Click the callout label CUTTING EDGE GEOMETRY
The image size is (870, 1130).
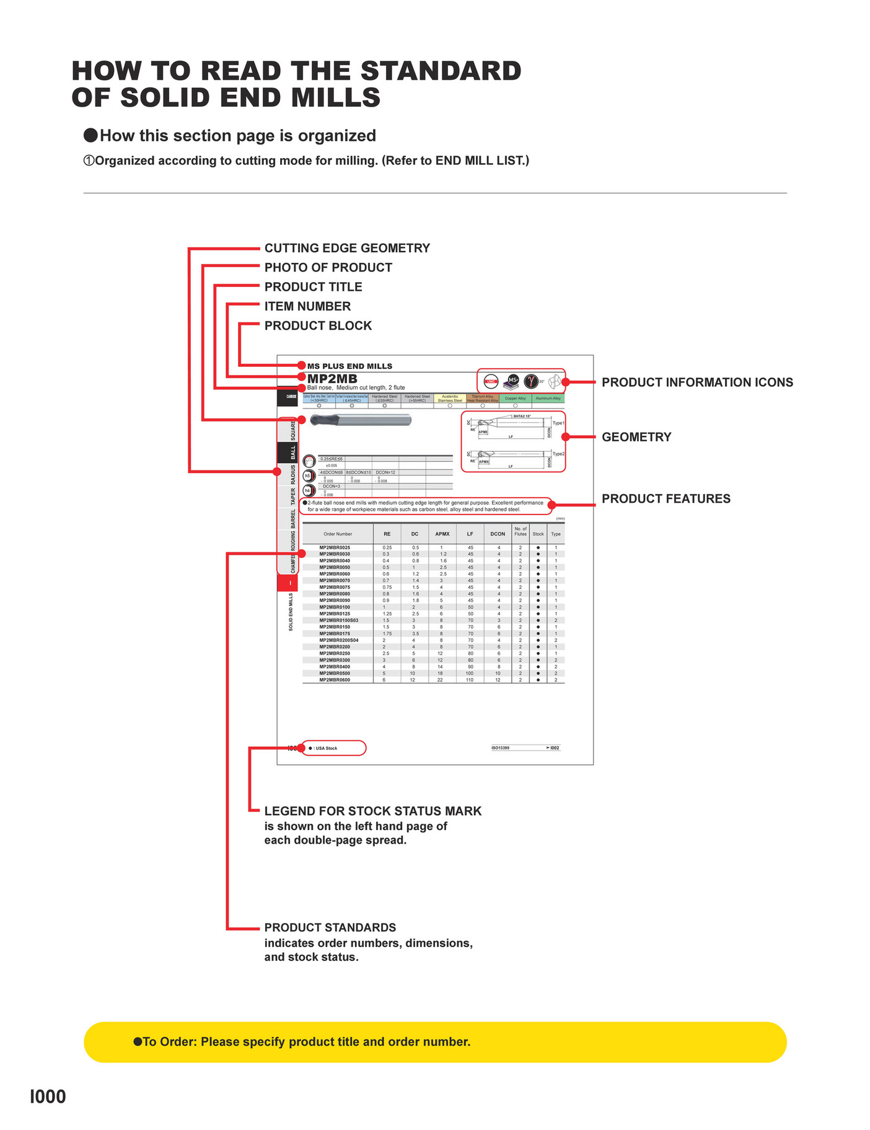tap(347, 248)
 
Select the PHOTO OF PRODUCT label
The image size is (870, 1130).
tap(328, 267)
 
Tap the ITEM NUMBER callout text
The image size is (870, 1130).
tap(307, 306)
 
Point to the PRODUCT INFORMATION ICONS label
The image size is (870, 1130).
tap(697, 382)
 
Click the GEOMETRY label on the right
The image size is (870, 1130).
tap(636, 437)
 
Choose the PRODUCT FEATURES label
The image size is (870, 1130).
tap(666, 498)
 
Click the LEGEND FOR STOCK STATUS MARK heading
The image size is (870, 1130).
tap(372, 811)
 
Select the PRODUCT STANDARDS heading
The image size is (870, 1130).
tap(330, 927)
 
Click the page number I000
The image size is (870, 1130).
tap(48, 1097)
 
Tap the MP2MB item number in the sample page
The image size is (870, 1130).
tap(332, 379)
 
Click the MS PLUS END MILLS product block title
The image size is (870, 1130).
tap(349, 366)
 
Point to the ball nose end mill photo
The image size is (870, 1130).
tap(360, 420)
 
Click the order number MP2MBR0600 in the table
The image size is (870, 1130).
tap(335, 680)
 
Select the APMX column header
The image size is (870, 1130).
tap(442, 534)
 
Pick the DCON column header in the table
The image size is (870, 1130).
tap(498, 534)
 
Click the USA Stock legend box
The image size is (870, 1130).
tap(333, 748)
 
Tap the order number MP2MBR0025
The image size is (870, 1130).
tap(335, 547)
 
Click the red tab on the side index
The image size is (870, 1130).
tap(288, 583)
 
